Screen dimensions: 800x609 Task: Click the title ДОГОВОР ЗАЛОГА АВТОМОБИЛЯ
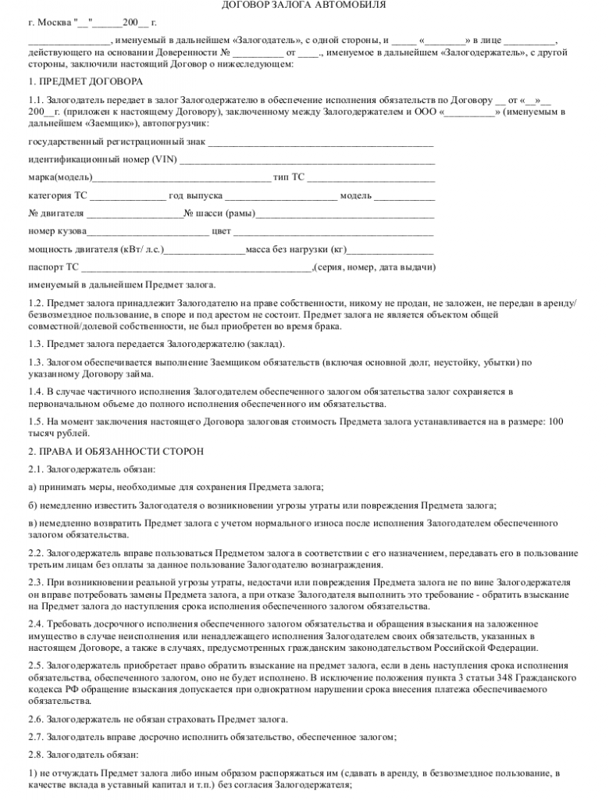[x=304, y=6]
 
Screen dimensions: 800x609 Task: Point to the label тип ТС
[x=289, y=177]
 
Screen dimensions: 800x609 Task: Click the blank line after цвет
[x=333, y=231]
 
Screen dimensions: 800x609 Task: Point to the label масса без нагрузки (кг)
[x=296, y=249]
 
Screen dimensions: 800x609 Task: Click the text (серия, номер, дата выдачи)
[x=374, y=267]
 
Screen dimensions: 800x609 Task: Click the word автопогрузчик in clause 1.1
[x=176, y=123]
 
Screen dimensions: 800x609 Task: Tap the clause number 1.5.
[x=35, y=422]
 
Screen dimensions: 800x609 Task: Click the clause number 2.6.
[x=35, y=719]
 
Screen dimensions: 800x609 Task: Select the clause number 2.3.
[x=35, y=583]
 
